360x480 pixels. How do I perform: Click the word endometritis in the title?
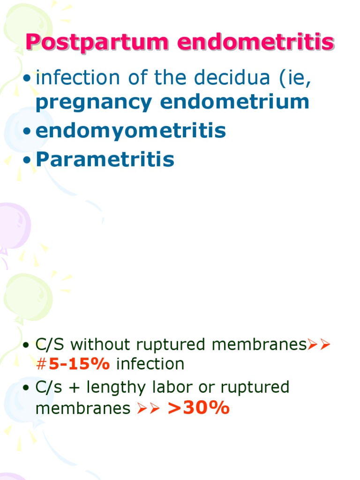(256, 43)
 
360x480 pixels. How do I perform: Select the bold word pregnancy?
(94, 102)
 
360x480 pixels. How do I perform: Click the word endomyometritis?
(131, 131)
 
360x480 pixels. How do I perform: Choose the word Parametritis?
(105, 159)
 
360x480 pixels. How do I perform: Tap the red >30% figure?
(199, 408)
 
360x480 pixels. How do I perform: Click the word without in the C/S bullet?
(101, 345)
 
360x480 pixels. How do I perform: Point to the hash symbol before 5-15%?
(41, 364)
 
